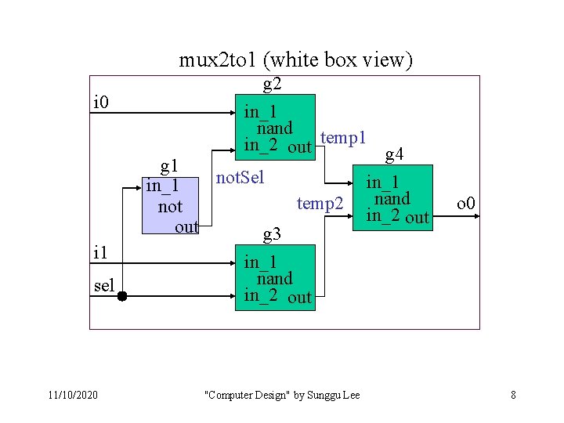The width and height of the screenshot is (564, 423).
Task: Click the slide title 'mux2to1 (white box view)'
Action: tap(295, 60)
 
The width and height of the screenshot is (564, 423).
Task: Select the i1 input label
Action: tap(100, 252)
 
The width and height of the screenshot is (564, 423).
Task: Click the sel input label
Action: tap(103, 285)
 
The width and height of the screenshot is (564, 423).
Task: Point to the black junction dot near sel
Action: tap(122, 297)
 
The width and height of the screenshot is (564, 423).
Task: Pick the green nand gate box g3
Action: tap(278, 277)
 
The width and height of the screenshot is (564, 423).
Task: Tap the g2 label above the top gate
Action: tap(273, 85)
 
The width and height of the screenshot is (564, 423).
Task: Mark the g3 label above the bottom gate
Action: tap(273, 233)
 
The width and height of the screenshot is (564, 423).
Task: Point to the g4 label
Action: tap(395, 153)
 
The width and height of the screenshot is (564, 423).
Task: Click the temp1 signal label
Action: tap(344, 138)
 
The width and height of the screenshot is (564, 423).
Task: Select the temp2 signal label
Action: tap(320, 204)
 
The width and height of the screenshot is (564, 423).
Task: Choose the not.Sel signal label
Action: tap(240, 177)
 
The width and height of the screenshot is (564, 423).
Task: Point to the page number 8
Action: tap(513, 395)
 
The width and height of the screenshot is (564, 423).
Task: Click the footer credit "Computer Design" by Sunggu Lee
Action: tap(282, 395)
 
